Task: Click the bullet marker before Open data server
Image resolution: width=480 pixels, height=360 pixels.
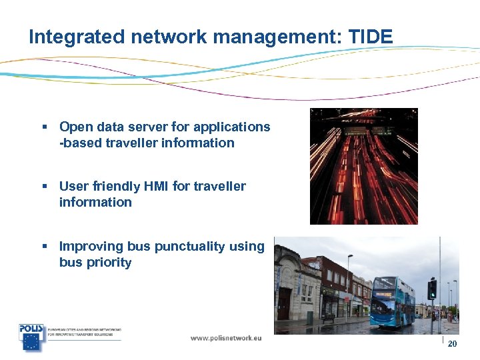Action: click(44, 127)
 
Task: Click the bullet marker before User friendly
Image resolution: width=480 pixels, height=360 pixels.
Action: click(44, 187)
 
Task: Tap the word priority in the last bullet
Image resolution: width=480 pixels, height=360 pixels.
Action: click(109, 262)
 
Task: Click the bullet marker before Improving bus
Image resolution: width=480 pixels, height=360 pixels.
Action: click(44, 247)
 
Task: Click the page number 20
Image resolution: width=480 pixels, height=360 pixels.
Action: click(452, 344)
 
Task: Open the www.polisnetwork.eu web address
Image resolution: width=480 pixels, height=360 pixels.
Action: click(226, 338)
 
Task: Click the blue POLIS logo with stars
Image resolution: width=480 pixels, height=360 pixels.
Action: click(31, 337)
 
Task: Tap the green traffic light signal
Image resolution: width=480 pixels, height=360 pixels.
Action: click(433, 289)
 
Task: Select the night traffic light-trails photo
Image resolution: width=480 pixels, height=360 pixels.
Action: click(363, 166)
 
